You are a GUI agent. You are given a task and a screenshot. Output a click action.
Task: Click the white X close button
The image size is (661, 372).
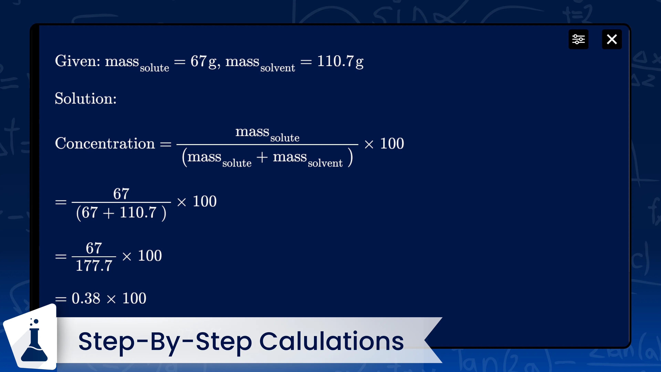pyautogui.click(x=612, y=39)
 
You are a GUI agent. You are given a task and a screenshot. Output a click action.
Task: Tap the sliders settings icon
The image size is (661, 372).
pyautogui.click(x=578, y=39)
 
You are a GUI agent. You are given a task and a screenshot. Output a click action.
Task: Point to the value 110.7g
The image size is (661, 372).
pyautogui.click(x=340, y=62)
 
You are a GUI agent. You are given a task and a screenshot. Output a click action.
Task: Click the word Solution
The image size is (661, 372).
pyautogui.click(x=85, y=98)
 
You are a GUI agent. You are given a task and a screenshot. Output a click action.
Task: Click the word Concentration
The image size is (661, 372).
pyautogui.click(x=105, y=143)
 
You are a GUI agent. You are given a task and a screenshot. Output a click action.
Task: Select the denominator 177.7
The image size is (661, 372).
pyautogui.click(x=94, y=265)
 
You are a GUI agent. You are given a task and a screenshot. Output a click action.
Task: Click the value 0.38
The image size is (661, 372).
pyautogui.click(x=86, y=298)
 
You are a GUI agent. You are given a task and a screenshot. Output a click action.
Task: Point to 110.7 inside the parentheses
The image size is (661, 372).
pyautogui.click(x=138, y=213)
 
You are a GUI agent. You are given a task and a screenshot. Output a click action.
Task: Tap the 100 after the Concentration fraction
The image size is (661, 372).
pyautogui.click(x=392, y=143)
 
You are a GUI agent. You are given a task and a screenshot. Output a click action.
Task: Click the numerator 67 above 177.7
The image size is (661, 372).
pyautogui.click(x=94, y=248)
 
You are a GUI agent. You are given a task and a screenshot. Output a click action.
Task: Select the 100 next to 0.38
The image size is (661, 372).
pyautogui.click(x=134, y=298)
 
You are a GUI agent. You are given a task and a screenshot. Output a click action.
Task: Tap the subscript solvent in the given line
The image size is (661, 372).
pyautogui.click(x=278, y=68)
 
